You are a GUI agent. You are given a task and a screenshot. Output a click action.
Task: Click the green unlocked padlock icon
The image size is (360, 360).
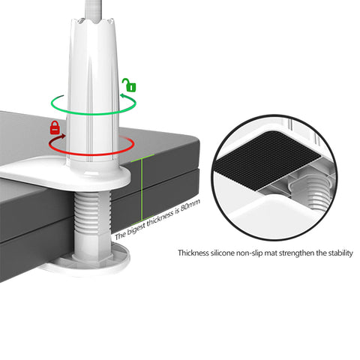click(x=129, y=85)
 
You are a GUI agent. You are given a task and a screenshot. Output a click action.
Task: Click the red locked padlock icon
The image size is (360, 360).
click(x=55, y=127)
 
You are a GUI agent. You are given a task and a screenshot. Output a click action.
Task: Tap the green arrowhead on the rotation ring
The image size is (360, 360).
click(x=123, y=96)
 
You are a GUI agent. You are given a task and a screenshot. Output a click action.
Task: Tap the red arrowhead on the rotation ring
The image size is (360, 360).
click(x=63, y=136)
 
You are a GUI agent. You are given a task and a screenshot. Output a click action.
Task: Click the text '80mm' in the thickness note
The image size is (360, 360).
click(x=190, y=206)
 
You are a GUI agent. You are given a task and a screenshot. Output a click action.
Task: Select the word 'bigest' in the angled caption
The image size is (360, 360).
click(x=136, y=229)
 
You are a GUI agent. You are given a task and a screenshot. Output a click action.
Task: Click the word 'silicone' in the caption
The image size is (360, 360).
click(x=222, y=253)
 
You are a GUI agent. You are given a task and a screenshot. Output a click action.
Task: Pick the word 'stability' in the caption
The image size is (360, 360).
click(x=340, y=253)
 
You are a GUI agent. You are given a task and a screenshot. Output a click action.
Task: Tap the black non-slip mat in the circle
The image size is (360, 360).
click(x=268, y=160)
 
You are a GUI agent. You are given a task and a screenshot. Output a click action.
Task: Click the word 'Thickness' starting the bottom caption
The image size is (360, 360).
click(x=193, y=253)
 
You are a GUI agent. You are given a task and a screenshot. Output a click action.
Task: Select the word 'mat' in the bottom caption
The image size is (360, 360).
click(x=271, y=253)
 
